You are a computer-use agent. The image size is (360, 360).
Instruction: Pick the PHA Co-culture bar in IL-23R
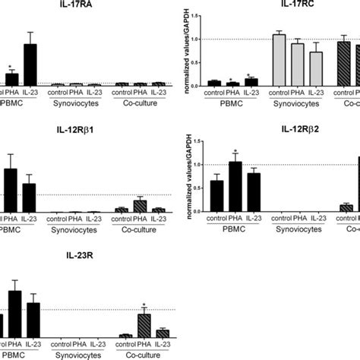click(x=144, y=325)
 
